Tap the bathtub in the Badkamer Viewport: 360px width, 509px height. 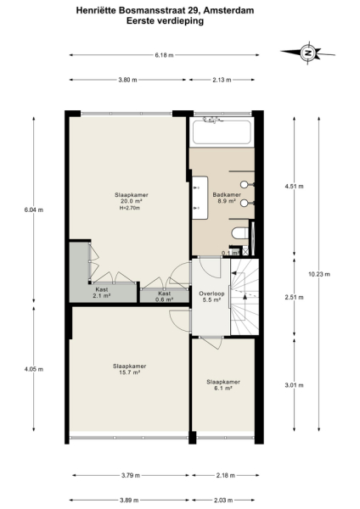click(221, 132)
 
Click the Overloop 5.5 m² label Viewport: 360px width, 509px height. click(210, 296)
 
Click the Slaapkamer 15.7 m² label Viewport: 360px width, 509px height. click(127, 369)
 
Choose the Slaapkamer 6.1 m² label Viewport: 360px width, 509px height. click(223, 384)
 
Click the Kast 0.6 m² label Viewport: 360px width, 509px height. click(164, 295)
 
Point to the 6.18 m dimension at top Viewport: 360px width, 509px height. click(164, 55)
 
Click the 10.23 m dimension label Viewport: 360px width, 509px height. click(318, 273)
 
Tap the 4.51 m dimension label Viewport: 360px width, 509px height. click(294, 185)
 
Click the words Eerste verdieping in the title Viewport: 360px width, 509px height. click(179, 23)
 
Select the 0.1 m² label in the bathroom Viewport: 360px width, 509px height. click(228, 253)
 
